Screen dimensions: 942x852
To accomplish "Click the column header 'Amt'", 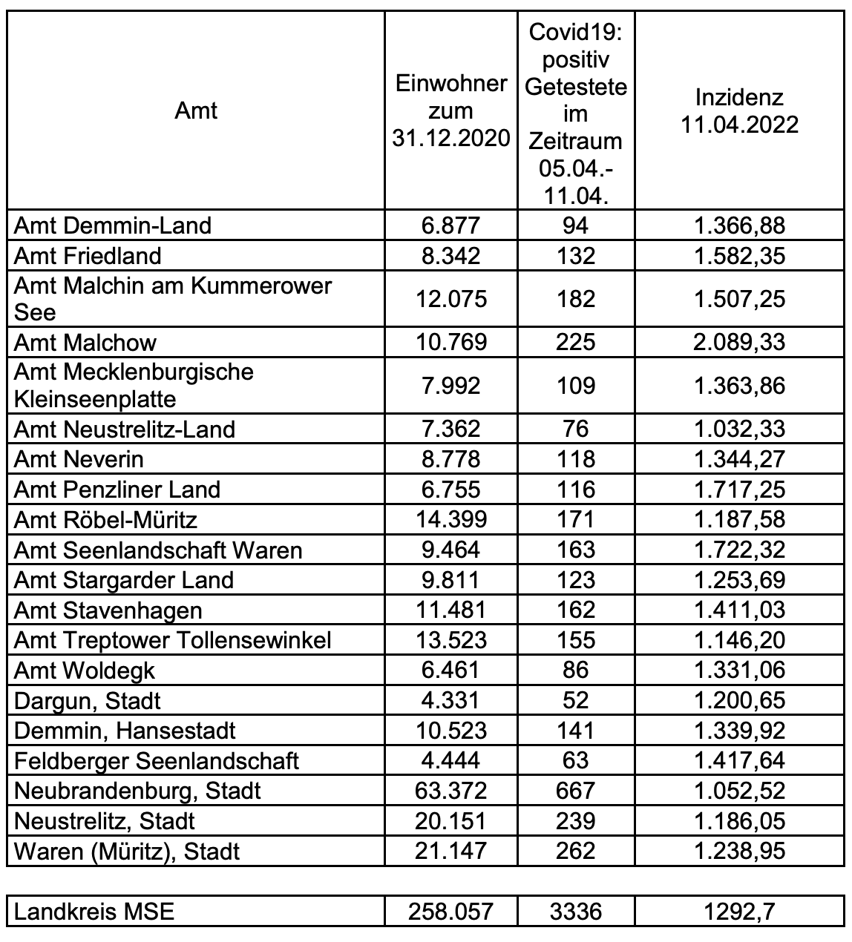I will [x=196, y=111].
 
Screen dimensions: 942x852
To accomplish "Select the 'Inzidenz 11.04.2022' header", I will [x=739, y=111].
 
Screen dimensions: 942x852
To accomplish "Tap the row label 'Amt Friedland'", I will [x=88, y=256].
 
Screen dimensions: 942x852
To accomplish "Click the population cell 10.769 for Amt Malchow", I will [x=450, y=343].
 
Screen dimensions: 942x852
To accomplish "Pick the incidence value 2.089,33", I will [x=739, y=343].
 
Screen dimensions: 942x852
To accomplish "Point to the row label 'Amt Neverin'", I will [x=79, y=460].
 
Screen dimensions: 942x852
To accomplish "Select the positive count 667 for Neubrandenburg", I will [x=575, y=791].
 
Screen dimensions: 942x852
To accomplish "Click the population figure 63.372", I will [x=450, y=791].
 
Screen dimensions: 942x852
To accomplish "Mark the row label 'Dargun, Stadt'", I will [x=88, y=701].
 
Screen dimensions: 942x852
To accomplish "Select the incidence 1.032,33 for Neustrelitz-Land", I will [x=739, y=429].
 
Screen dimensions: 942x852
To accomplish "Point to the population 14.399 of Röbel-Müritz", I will [x=450, y=519].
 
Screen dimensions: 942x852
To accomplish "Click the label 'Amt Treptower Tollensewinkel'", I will [x=172, y=640].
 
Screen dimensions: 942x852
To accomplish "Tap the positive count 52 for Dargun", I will [x=575, y=701].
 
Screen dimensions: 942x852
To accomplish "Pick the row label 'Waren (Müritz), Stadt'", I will [x=127, y=851].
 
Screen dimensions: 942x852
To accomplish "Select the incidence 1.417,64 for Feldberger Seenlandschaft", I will [x=739, y=761].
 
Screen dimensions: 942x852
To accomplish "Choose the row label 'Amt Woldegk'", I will [x=85, y=671].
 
